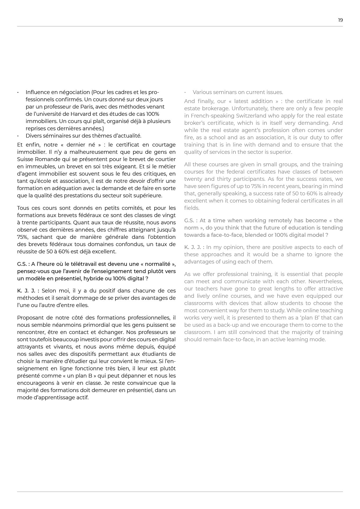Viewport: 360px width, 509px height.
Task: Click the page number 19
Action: pyautogui.click(x=340, y=20)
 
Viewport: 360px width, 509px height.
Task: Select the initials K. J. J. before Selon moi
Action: pyautogui.click(x=28, y=291)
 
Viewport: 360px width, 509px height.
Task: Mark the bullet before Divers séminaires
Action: pyautogui.click(x=18, y=136)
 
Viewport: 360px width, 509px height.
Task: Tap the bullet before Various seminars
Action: pyautogui.click(x=185, y=92)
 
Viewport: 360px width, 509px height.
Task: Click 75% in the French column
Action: pyautogui.click(x=23, y=237)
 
